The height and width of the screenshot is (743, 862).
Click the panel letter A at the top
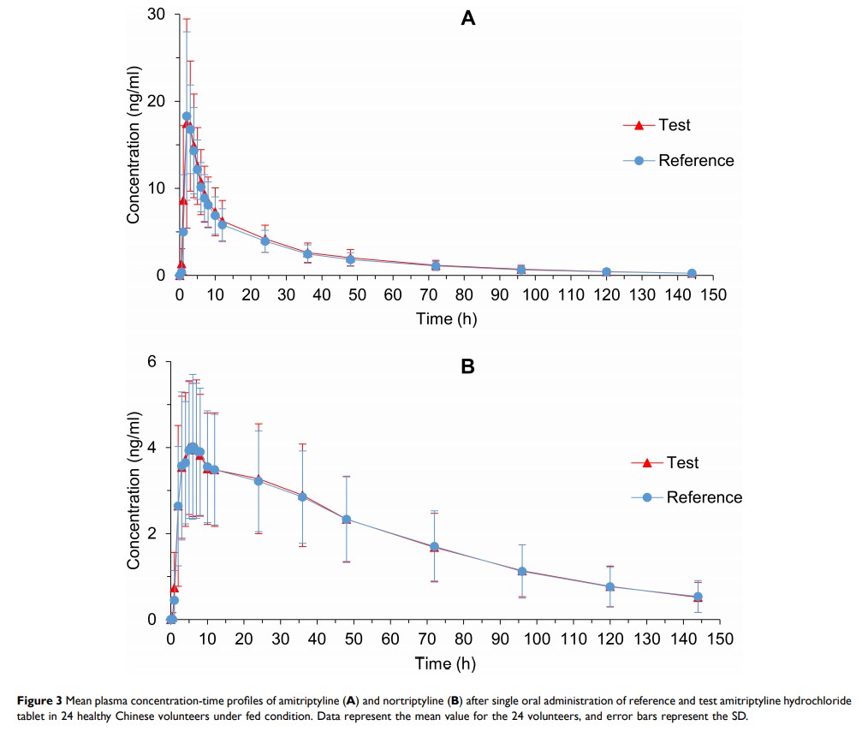click(468, 19)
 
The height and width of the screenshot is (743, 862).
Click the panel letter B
click(468, 367)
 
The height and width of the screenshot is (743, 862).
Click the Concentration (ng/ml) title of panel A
click(134, 146)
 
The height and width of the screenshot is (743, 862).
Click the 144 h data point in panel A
click(692, 274)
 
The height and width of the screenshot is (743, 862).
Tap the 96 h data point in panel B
click(521, 571)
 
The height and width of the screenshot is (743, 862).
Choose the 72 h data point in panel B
click(434, 547)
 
